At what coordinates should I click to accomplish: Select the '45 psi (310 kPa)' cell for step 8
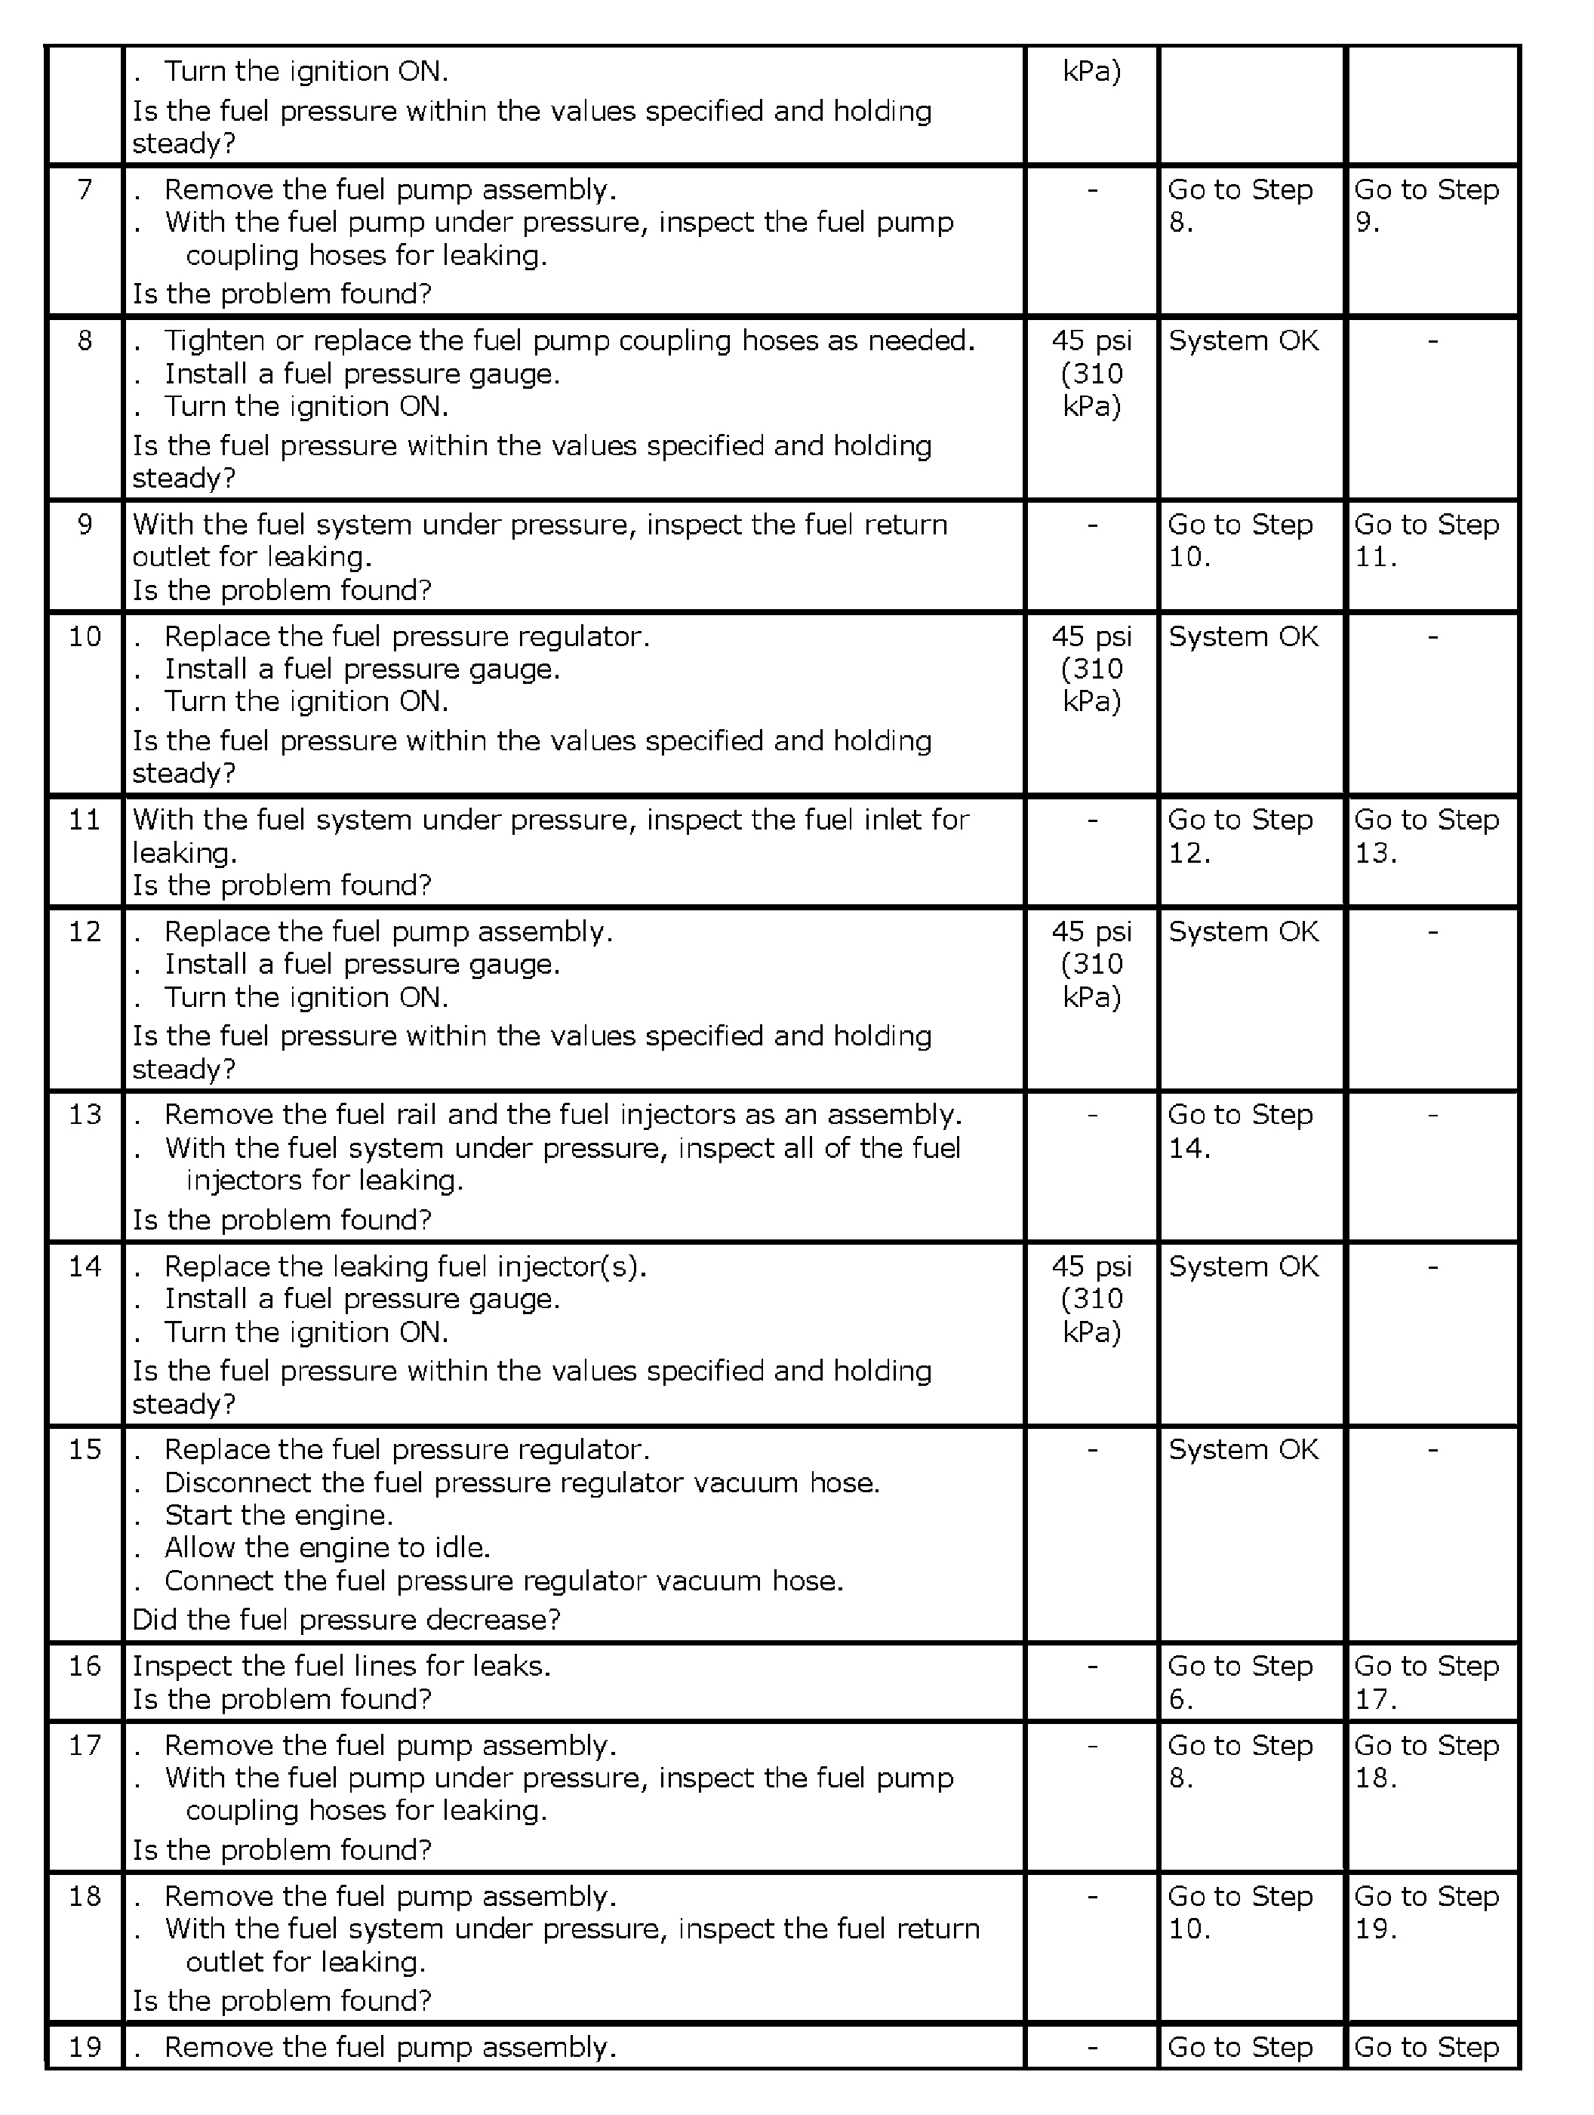[x=1091, y=373]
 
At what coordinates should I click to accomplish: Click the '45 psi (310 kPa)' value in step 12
[x=1091, y=964]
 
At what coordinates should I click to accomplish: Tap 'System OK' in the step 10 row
[x=1243, y=637]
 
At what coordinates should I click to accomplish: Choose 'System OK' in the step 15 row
[x=1243, y=1449]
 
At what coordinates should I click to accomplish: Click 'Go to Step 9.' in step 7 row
[x=1426, y=205]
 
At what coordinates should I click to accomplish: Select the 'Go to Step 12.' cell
[x=1240, y=836]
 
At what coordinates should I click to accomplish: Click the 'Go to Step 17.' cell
[x=1426, y=1682]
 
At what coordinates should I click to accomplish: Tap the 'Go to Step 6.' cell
[x=1240, y=1682]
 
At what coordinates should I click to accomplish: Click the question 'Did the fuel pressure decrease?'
[x=346, y=1619]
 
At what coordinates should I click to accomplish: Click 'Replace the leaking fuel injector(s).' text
[x=405, y=1266]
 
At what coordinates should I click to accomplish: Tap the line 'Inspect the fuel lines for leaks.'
[x=341, y=1666]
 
